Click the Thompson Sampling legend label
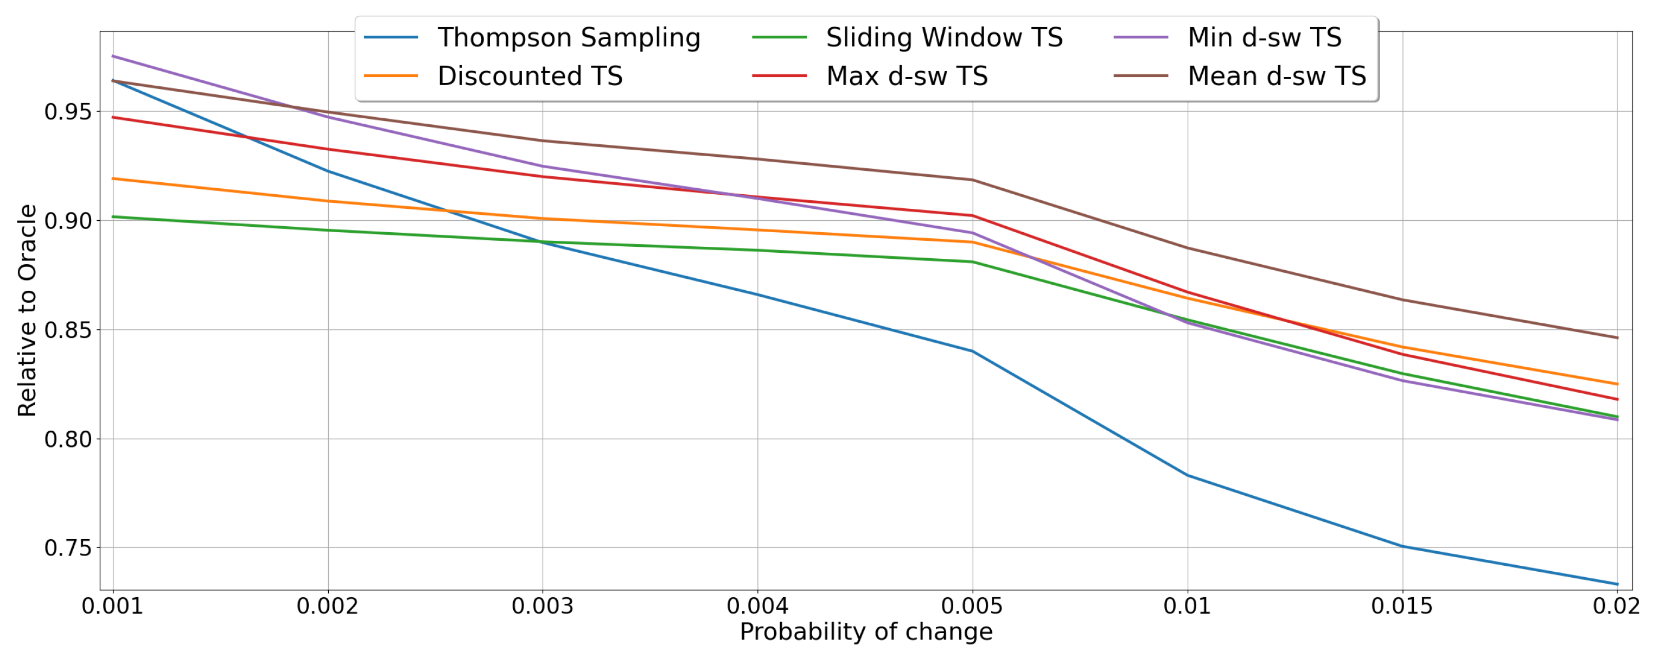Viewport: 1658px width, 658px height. tap(569, 37)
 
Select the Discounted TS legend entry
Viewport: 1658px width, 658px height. tap(530, 76)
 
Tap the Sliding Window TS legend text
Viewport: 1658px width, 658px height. tap(943, 37)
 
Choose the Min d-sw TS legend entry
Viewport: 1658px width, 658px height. tap(1264, 37)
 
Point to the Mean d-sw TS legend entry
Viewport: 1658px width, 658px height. tap(1277, 76)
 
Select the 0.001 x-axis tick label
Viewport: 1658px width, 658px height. tap(113, 606)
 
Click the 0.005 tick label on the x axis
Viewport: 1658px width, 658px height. tap(972, 606)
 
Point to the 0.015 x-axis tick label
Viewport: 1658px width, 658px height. tap(1402, 606)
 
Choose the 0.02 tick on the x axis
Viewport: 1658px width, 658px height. tap(1616, 606)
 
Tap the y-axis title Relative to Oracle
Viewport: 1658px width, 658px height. tap(27, 310)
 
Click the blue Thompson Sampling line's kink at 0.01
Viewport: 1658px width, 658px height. tap(1187, 475)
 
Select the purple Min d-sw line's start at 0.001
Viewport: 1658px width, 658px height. tap(113, 56)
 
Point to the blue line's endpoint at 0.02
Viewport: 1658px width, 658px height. tap(1616, 584)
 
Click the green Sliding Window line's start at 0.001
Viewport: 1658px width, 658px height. tap(113, 216)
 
